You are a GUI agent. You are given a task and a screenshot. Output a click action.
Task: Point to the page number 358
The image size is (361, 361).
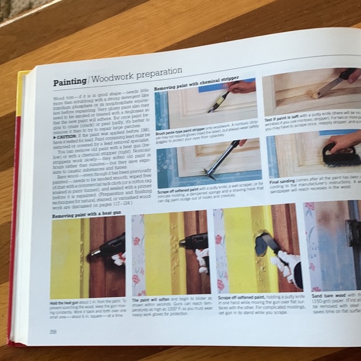tap(54, 331)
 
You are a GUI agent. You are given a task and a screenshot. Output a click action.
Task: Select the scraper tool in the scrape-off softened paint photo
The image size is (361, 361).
tap(221, 159)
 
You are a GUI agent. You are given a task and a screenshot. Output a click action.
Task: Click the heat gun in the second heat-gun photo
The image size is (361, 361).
tap(193, 242)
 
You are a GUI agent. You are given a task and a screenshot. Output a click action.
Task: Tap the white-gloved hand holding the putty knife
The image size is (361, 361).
tap(286, 268)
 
